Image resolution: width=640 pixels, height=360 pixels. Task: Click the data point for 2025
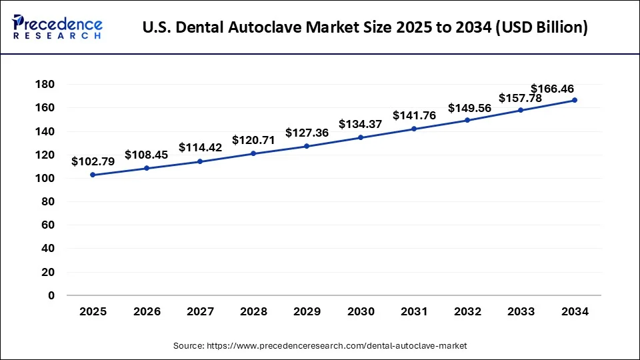pyautogui.click(x=93, y=175)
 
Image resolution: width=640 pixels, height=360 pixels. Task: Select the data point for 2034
pyautogui.click(x=575, y=100)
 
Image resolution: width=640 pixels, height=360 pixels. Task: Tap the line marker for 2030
pyautogui.click(x=361, y=137)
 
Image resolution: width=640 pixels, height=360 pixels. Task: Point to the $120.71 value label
pyautogui.click(x=253, y=140)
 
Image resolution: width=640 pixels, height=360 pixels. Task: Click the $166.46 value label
pyautogui.click(x=552, y=89)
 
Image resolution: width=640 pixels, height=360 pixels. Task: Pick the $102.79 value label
pyautogui.click(x=93, y=161)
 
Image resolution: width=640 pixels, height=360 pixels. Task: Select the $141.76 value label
pyautogui.click(x=414, y=115)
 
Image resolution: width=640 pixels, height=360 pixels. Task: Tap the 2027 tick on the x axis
pyautogui.click(x=200, y=311)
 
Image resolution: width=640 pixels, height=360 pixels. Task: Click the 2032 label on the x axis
pyautogui.click(x=467, y=311)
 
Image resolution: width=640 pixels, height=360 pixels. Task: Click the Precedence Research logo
pyautogui.click(x=57, y=28)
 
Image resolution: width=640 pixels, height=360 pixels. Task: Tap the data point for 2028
pyautogui.click(x=253, y=153)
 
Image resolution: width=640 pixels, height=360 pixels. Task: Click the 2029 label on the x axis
pyautogui.click(x=307, y=311)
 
